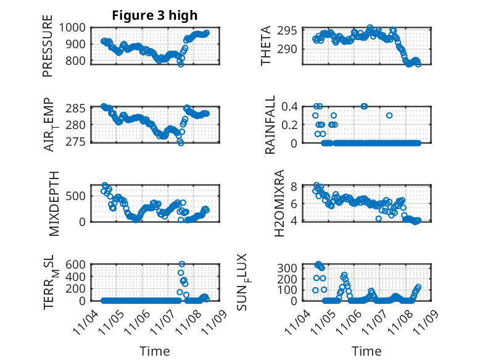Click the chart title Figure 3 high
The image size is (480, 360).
click(154, 15)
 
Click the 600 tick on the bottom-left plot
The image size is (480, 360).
click(78, 264)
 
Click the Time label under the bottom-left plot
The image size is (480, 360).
click(154, 351)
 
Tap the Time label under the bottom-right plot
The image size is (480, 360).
click(366, 351)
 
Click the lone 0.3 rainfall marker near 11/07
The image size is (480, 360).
click(389, 115)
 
